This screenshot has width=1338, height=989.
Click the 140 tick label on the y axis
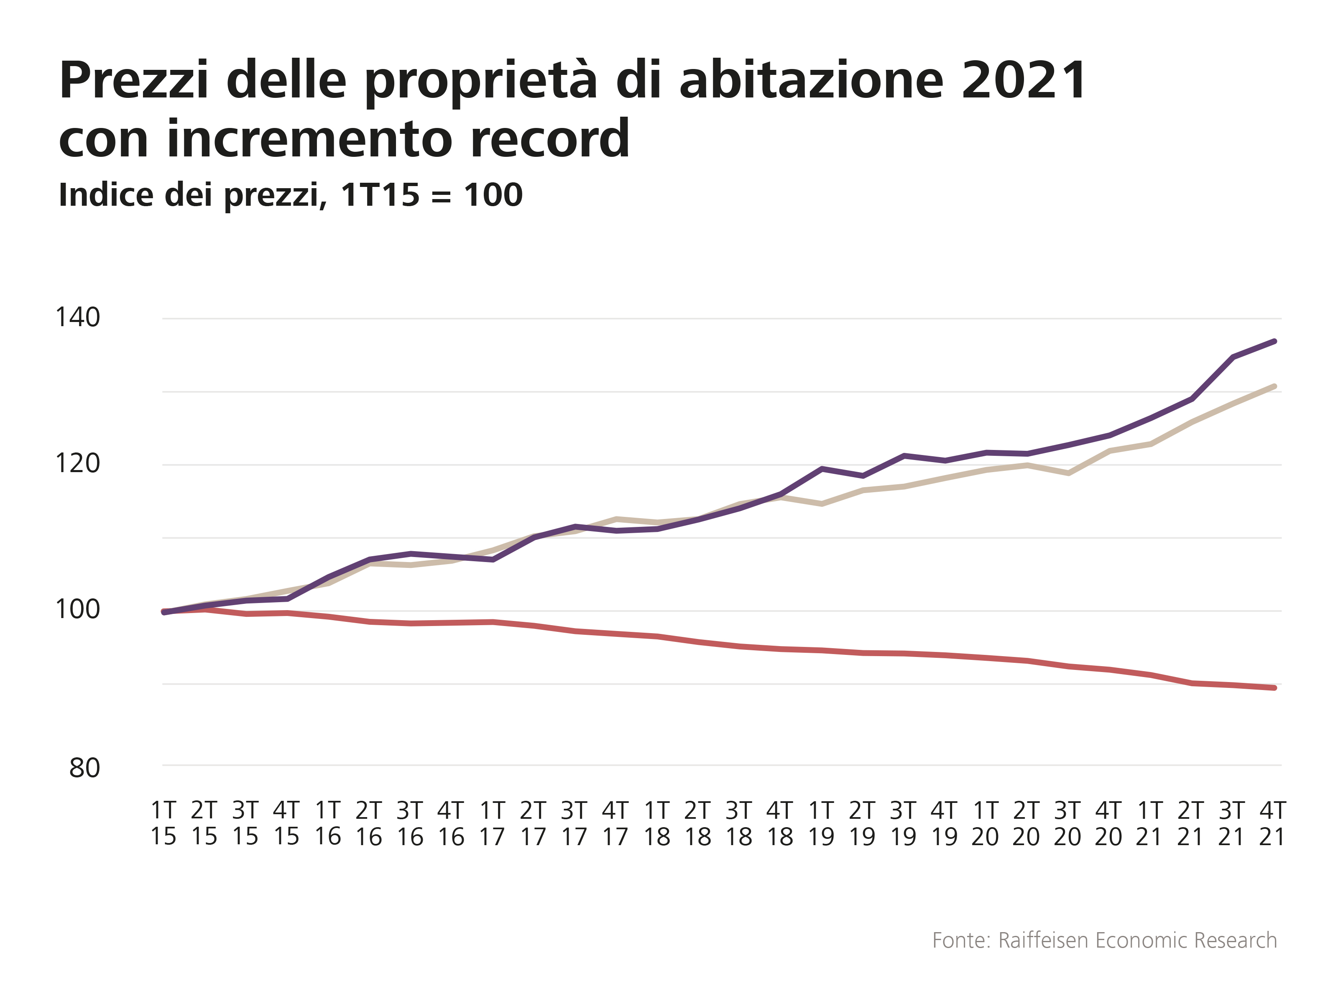[77, 317]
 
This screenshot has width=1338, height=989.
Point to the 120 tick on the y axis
[77, 463]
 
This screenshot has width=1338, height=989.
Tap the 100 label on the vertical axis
[77, 609]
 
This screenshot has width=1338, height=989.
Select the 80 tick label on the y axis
[84, 767]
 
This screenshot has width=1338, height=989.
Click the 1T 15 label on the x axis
[163, 823]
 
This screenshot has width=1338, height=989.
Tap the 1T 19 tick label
[821, 823]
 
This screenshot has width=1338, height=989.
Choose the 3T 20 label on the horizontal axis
[1067, 823]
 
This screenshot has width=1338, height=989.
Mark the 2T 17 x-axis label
[533, 823]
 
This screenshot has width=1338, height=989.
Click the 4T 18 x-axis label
[780, 823]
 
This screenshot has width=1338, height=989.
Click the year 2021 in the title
[1024, 80]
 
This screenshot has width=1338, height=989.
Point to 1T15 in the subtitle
[381, 195]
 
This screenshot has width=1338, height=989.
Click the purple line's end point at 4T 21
[1274, 341]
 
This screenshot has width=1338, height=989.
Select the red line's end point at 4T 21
[1274, 688]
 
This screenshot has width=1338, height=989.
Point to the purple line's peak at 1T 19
[822, 469]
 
